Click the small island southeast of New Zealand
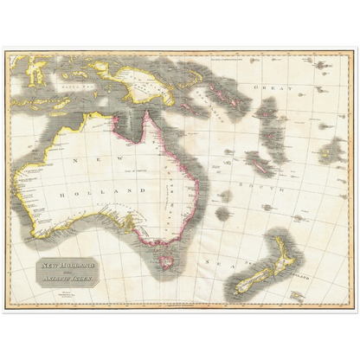click(297, 295)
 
